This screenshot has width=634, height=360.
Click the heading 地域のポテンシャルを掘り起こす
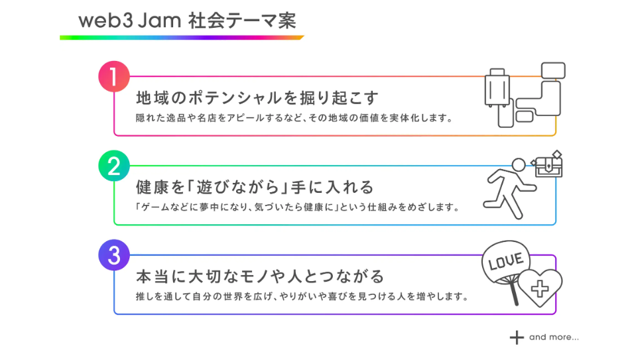tap(257, 98)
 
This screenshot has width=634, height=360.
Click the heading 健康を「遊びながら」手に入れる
tap(255, 187)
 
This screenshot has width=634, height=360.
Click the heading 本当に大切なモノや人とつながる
tap(260, 275)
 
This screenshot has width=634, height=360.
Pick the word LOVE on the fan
tap(506, 261)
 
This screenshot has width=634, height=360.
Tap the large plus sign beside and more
tap(517, 337)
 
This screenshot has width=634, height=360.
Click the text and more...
tap(554, 337)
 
